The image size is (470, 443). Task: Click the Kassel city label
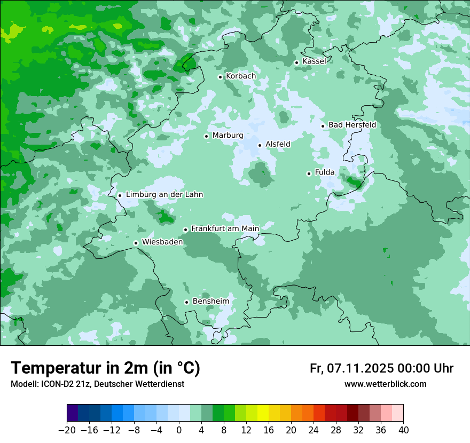(x=314, y=61)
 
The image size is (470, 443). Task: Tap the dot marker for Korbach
(x=220, y=77)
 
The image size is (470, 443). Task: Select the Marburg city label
(x=228, y=136)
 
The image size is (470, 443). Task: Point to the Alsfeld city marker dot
(x=260, y=145)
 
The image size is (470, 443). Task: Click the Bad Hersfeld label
(x=352, y=125)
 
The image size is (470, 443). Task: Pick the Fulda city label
(x=325, y=172)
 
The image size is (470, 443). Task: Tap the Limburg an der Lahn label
(x=164, y=195)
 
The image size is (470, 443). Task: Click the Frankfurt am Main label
(x=225, y=228)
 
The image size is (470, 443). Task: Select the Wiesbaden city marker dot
(x=136, y=243)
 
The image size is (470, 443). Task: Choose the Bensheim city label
(x=210, y=301)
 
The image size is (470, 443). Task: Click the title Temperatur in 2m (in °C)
(x=106, y=368)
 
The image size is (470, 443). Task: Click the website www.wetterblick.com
(x=385, y=384)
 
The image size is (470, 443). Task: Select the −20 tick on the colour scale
(x=67, y=430)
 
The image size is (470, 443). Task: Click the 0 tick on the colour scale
(x=179, y=430)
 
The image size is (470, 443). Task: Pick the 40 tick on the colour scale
(x=403, y=430)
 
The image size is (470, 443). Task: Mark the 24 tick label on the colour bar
(x=314, y=430)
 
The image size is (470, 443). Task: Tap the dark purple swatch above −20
(x=73, y=413)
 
